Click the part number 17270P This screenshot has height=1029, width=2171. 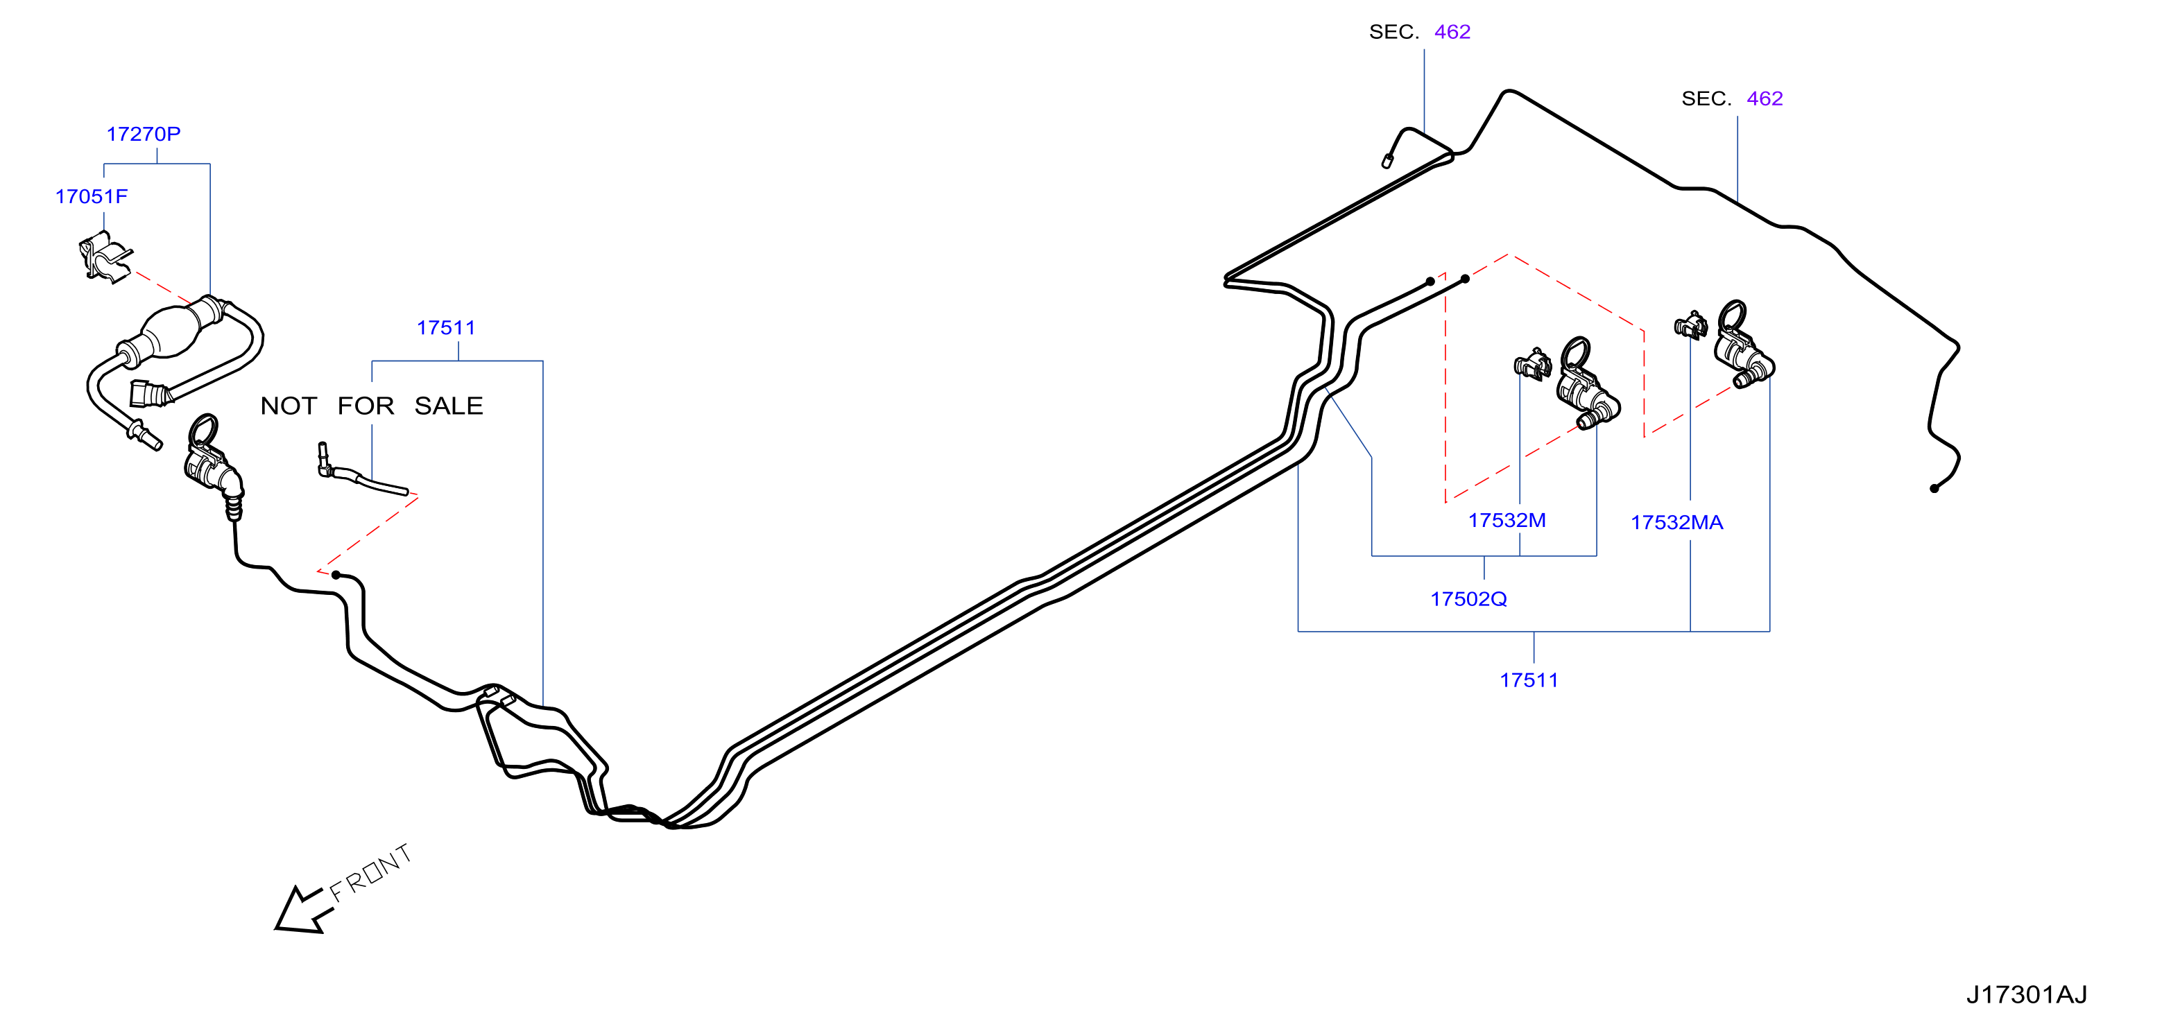144,134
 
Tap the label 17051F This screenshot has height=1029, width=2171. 91,196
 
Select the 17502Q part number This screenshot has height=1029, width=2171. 1468,599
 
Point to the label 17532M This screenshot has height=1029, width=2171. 1507,520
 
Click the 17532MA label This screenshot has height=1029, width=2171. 1676,523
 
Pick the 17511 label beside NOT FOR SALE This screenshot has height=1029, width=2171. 446,328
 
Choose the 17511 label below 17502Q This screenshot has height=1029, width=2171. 1529,680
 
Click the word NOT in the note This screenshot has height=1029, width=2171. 289,406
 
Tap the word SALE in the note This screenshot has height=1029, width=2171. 448,406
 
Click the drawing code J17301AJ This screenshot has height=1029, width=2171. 2027,994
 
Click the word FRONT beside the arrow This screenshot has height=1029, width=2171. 371,873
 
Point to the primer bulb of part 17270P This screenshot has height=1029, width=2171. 173,333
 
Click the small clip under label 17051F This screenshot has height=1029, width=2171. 105,258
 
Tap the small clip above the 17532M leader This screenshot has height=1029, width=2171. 1532,364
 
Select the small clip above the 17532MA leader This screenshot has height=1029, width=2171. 1690,325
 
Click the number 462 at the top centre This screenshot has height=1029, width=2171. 1452,32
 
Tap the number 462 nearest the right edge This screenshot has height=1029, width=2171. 1765,98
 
